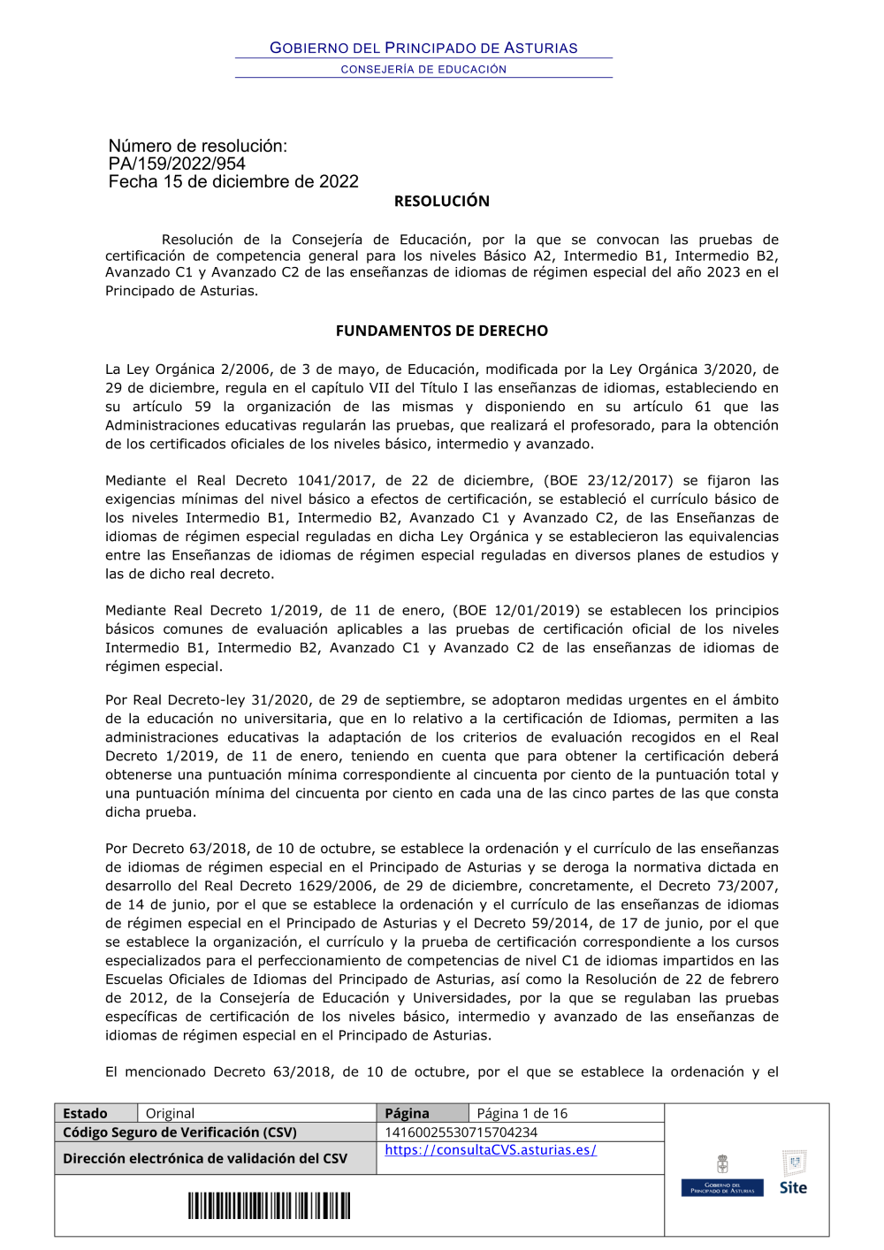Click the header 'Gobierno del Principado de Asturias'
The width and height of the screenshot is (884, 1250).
pos(423,48)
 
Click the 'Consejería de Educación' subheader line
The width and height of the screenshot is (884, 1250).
pos(423,69)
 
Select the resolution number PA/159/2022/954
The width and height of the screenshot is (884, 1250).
pos(177,164)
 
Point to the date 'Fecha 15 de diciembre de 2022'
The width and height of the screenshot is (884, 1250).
pos(233,182)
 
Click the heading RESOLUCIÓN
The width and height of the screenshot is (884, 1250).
pos(441,202)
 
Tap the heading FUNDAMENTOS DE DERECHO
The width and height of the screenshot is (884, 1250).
pos(441,331)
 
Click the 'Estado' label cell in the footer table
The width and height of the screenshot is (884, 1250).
pos(86,1113)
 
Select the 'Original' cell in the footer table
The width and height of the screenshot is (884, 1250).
pos(170,1113)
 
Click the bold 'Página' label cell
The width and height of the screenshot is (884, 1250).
pos(407,1113)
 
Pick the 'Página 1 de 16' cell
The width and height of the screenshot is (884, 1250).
pos(522,1113)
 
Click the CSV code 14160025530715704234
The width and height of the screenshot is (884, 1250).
pos(461,1132)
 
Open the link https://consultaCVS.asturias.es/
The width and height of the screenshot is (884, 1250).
pos(491,1150)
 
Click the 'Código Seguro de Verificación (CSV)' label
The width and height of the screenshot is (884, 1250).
pos(179,1132)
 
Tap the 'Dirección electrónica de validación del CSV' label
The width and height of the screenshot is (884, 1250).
pos(205,1158)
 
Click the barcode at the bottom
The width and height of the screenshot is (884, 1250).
pos(269,1206)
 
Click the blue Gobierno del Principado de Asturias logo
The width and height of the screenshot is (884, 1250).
pos(722,1187)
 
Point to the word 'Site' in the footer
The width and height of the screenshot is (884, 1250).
pos(793,1187)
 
